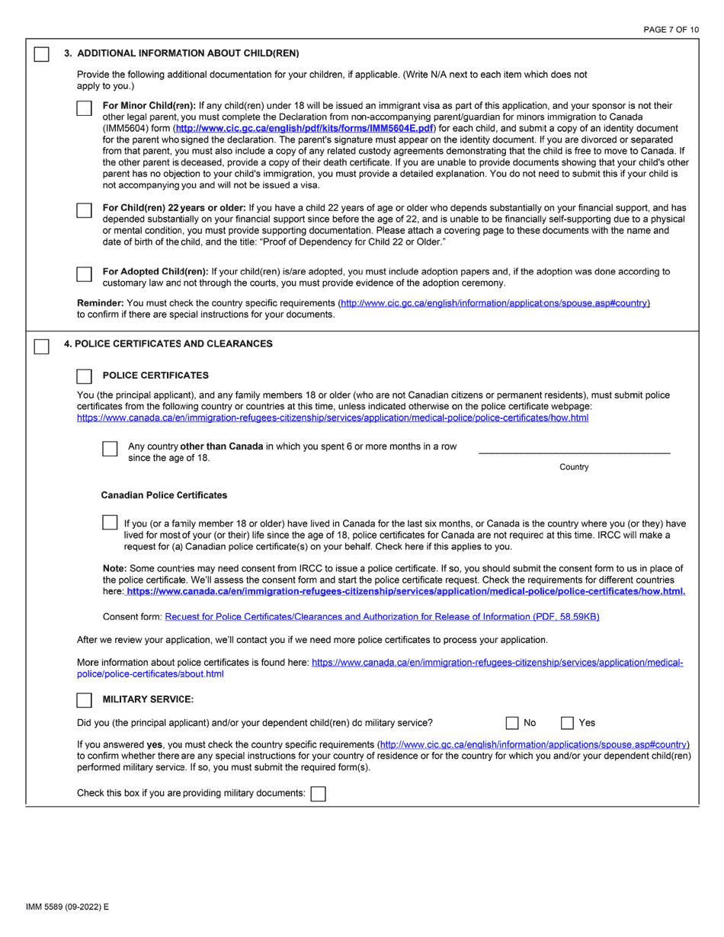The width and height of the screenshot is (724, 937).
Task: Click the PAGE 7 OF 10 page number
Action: [x=671, y=30]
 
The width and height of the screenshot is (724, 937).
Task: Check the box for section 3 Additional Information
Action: [x=42, y=54]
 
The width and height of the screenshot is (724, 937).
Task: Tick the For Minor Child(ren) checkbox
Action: [x=85, y=108]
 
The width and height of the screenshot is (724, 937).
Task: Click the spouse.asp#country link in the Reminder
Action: [x=495, y=303]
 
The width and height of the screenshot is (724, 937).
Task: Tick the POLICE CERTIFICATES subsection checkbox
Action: [x=85, y=376]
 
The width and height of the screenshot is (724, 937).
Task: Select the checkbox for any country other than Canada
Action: [x=110, y=449]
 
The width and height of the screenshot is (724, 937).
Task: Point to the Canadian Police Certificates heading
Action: [x=164, y=495]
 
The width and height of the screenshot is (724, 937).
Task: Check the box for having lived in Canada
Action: [x=110, y=523]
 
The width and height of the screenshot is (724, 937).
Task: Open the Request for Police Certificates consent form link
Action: [x=382, y=616]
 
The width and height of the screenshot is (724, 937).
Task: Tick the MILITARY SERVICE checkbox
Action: [x=85, y=699]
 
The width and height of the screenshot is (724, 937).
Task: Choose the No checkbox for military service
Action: [x=513, y=723]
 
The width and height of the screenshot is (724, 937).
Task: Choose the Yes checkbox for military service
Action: [x=568, y=723]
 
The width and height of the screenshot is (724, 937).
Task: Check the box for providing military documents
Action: [x=319, y=794]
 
